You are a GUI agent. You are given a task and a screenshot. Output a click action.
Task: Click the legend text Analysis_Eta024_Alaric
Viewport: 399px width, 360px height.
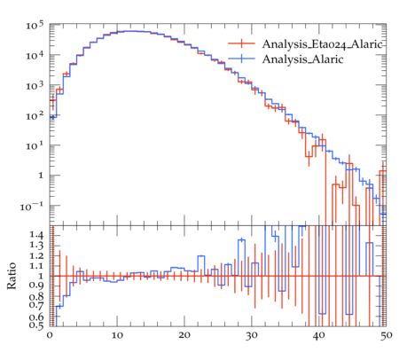pyautogui.click(x=323, y=44)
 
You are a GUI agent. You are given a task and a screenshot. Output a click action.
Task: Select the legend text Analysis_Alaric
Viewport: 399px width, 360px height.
pyautogui.click(x=302, y=59)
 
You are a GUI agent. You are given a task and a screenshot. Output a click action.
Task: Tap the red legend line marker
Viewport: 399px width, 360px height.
pyautogui.click(x=241, y=43)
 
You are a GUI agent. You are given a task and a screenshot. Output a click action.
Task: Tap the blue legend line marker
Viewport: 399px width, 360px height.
pyautogui.click(x=241, y=59)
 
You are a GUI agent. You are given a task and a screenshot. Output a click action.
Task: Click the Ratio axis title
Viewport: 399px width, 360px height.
pyautogui.click(x=12, y=276)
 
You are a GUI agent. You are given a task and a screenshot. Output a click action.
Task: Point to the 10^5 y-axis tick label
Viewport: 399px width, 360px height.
pyautogui.click(x=35, y=26)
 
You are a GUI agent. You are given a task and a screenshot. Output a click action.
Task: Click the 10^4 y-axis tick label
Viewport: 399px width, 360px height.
pyautogui.click(x=35, y=55)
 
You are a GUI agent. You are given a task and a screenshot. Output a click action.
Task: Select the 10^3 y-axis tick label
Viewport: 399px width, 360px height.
pyautogui.click(x=35, y=86)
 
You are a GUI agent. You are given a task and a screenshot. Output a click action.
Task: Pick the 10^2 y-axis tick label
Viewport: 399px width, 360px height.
pyautogui.click(x=35, y=116)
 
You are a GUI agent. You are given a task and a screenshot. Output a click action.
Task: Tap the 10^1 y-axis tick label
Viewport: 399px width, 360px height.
pyautogui.click(x=35, y=146)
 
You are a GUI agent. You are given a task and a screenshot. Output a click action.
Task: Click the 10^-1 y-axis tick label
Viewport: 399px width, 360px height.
pyautogui.click(x=32, y=207)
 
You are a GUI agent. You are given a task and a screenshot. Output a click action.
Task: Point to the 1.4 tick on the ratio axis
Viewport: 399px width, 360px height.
pyautogui.click(x=36, y=235)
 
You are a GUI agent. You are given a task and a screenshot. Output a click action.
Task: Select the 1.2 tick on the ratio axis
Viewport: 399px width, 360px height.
pyautogui.click(x=36, y=256)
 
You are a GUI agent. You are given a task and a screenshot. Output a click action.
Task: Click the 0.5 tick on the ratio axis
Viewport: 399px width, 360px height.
pyautogui.click(x=36, y=325)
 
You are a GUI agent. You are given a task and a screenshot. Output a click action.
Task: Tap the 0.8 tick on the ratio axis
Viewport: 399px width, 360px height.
pyautogui.click(x=36, y=296)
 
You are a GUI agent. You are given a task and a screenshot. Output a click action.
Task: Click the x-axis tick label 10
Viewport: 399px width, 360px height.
pyautogui.click(x=117, y=336)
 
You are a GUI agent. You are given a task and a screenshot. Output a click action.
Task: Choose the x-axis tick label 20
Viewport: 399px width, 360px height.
pyautogui.click(x=184, y=336)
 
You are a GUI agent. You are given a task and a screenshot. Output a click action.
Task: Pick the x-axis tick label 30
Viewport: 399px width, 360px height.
pyautogui.click(x=251, y=336)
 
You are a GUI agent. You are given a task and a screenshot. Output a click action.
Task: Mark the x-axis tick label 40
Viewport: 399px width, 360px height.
pyautogui.click(x=318, y=336)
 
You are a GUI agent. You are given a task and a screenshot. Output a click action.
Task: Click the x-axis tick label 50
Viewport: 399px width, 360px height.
pyautogui.click(x=386, y=336)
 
